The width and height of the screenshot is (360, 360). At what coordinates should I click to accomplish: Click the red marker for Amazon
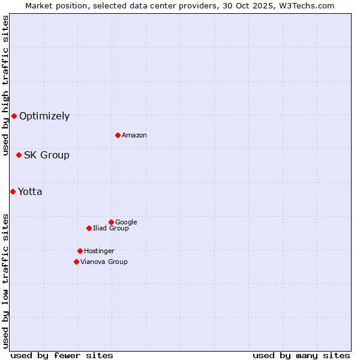[118, 135]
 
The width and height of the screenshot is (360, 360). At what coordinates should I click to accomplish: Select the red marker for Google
[111, 222]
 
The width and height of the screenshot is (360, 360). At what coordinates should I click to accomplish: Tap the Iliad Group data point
[89, 228]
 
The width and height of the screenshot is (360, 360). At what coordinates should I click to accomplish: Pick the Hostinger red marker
[80, 251]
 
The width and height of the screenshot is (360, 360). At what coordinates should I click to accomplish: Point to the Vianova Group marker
[76, 262]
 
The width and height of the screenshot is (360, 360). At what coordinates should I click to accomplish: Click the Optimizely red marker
[14, 116]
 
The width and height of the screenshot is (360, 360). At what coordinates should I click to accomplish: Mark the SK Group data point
[19, 155]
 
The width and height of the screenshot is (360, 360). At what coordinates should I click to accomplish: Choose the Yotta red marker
[13, 191]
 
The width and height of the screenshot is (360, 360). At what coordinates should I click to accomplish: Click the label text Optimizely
[44, 116]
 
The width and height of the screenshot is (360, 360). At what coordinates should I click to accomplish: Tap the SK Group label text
[47, 155]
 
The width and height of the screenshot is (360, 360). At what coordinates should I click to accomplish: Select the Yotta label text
[30, 192]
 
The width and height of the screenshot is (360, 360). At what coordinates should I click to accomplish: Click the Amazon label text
[134, 136]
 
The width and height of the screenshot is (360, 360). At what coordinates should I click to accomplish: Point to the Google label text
[126, 223]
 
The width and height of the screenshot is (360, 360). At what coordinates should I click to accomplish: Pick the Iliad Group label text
[111, 229]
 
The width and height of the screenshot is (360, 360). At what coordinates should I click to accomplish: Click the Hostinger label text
[99, 251]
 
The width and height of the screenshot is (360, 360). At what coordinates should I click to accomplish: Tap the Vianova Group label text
[104, 262]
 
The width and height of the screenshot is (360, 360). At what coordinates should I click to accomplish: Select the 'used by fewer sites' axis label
[62, 356]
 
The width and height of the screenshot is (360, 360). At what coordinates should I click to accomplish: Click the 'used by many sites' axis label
[301, 356]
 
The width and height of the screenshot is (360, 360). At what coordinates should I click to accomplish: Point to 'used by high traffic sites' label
[6, 85]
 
